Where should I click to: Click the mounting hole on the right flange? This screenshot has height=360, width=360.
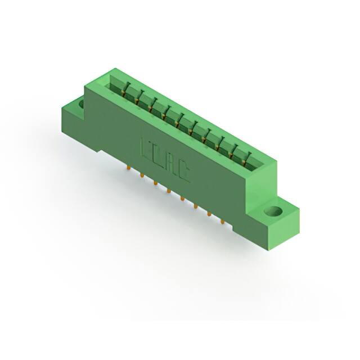tap(273, 213)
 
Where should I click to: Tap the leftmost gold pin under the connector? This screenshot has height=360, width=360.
tap(129, 167)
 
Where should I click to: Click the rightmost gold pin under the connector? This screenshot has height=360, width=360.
tap(223, 222)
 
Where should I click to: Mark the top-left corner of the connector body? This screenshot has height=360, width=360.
tap(85, 85)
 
